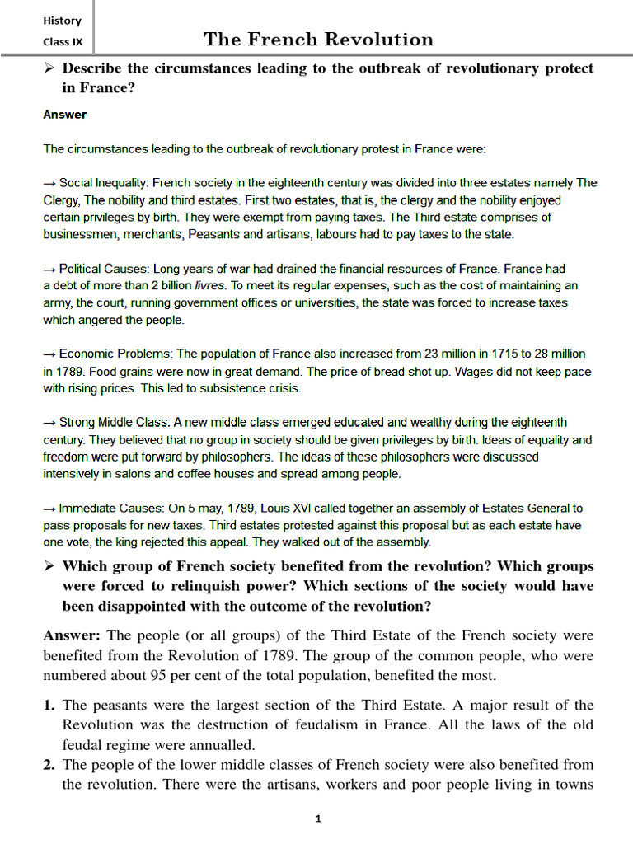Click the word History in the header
pyautogui.click(x=62, y=21)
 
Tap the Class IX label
pyautogui.click(x=62, y=42)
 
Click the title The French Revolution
pyautogui.click(x=318, y=40)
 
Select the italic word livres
pyautogui.click(x=210, y=286)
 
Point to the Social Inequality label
pyautogui.click(x=103, y=183)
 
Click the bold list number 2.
pyautogui.click(x=49, y=765)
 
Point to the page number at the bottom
pyautogui.click(x=317, y=818)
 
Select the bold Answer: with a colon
pyautogui.click(x=72, y=635)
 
